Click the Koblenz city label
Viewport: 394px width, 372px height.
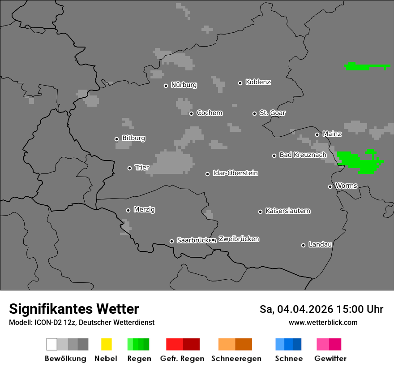(x=258, y=82)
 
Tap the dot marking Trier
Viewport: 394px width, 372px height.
(x=130, y=168)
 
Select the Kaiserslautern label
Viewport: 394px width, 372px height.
(x=288, y=211)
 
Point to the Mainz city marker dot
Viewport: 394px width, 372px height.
(x=317, y=134)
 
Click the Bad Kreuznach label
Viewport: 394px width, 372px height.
(x=303, y=155)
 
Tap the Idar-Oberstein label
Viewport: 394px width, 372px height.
(x=236, y=173)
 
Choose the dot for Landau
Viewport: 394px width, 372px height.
(x=304, y=245)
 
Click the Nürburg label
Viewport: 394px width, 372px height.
(x=184, y=85)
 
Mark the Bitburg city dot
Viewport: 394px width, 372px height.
(x=117, y=139)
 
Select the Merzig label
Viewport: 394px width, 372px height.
(x=144, y=210)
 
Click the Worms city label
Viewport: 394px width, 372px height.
(x=346, y=186)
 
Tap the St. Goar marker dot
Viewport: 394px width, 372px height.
(x=255, y=113)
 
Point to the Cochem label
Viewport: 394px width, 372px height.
(x=210, y=113)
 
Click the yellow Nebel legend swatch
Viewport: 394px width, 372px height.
(x=106, y=344)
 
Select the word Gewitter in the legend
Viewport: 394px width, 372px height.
(x=330, y=359)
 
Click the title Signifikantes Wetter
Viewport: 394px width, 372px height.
(x=74, y=309)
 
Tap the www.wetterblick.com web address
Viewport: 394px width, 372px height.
(x=323, y=322)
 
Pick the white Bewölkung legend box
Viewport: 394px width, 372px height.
(x=52, y=344)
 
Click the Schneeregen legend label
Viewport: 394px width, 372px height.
(x=236, y=359)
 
